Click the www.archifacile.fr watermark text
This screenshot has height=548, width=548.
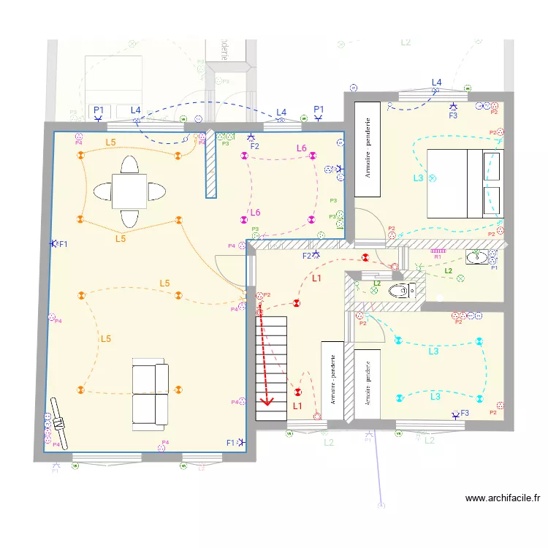(503, 498)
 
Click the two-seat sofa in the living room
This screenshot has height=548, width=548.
(150, 394)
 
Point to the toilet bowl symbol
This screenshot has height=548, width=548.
(400, 291)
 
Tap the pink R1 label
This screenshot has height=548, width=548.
(438, 257)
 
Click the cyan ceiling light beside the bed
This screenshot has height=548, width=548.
(432, 178)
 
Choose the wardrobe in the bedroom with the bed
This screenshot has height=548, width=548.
(368, 149)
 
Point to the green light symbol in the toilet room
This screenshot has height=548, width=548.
(374, 290)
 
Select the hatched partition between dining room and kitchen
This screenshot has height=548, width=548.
(211, 164)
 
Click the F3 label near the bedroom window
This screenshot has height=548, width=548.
(453, 115)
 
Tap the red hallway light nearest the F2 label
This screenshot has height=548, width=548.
(365, 257)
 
